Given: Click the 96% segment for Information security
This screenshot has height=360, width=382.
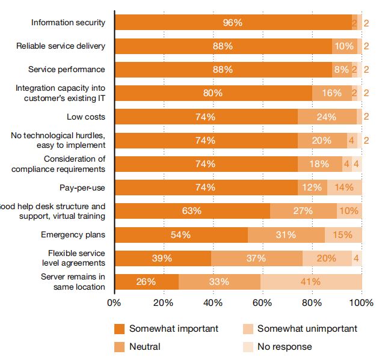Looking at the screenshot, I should pos(233,23).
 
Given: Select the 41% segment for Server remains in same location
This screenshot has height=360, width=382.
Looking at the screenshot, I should pos(312,282).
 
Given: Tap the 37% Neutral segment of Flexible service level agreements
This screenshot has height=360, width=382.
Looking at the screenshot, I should pos(257,258).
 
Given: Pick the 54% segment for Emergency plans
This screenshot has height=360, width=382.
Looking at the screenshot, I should pos(181,235).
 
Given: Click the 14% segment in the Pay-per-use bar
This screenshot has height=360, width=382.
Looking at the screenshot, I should pos(345,188).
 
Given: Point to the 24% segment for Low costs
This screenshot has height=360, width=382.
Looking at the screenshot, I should pos(327,117).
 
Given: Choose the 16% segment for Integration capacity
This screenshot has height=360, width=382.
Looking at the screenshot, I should pos(332,93).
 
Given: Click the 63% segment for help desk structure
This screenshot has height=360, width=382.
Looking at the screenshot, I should pos(192,211).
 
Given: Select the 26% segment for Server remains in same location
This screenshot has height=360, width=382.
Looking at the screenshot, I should pos(146,282).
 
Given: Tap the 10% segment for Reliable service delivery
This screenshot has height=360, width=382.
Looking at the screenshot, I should pos(345,46).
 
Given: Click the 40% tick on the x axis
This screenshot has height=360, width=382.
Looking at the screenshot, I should pos(214,302).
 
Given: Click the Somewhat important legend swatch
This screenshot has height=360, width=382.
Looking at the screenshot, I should pos(119,329).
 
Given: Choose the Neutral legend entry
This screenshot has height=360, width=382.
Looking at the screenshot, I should pos(145,347).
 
